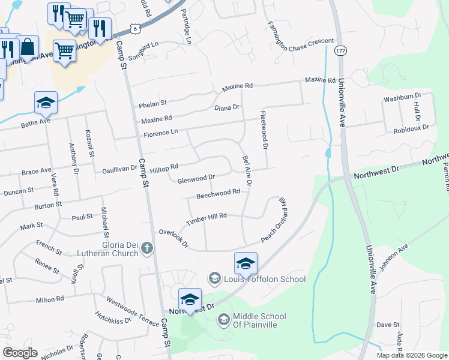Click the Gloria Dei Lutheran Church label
click(x=108, y=248)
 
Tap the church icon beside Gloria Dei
click(x=147, y=248)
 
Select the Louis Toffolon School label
click(x=265, y=279)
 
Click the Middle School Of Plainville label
click(x=259, y=320)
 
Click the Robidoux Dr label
click(x=411, y=128)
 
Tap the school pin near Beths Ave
click(x=46, y=104)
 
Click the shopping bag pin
click(x=28, y=46)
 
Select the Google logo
click(x=20, y=352)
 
